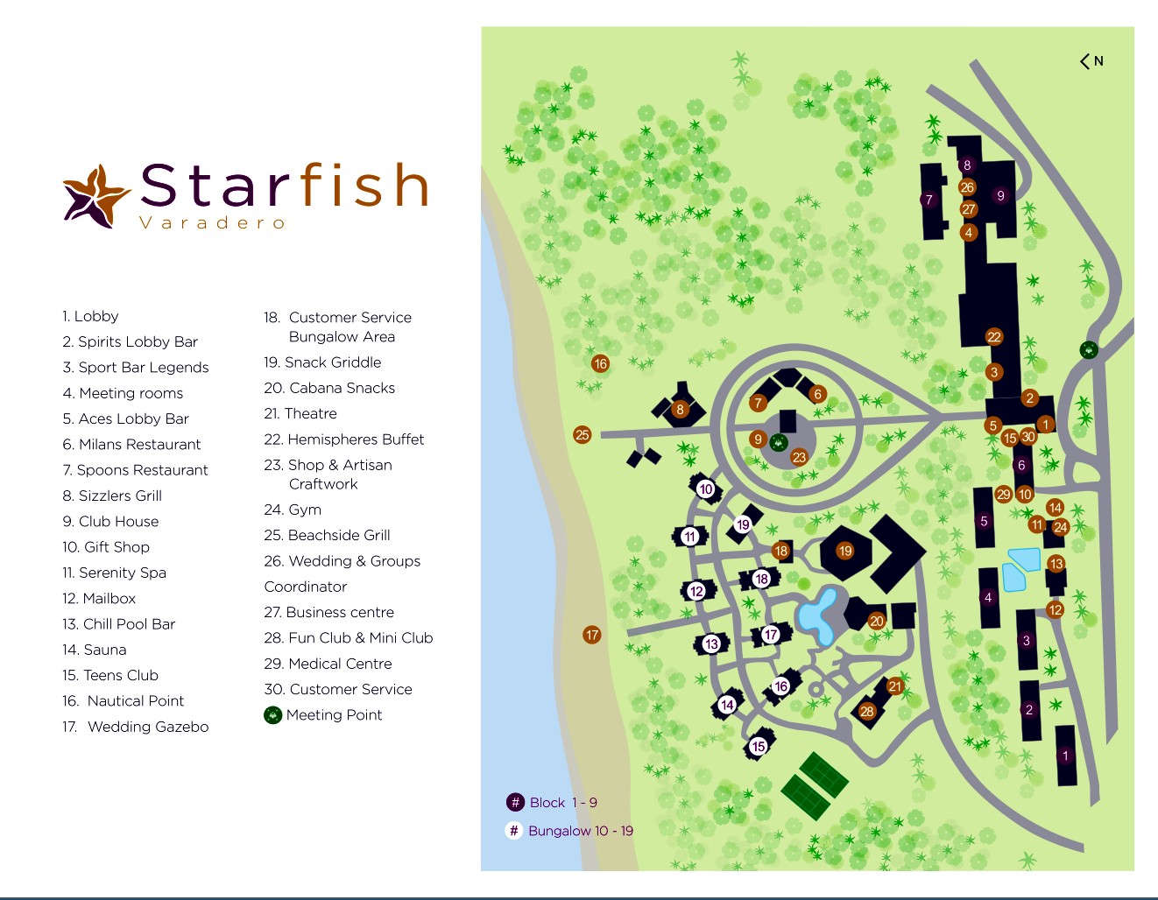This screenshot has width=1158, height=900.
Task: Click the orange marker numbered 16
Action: click(x=600, y=363)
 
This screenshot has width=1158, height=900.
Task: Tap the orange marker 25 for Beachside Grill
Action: click(x=583, y=434)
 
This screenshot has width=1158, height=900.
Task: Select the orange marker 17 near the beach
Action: click(x=592, y=635)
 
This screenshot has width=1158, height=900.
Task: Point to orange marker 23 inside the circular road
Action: click(x=799, y=457)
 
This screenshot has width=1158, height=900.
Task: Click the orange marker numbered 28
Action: click(x=867, y=711)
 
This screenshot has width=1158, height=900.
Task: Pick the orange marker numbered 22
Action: click(x=993, y=337)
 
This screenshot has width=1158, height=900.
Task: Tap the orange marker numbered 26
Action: click(x=967, y=186)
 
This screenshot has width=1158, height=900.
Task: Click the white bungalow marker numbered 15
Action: click(x=759, y=746)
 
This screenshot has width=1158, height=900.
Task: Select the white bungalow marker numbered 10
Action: click(x=706, y=489)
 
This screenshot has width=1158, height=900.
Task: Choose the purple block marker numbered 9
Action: click(x=1000, y=196)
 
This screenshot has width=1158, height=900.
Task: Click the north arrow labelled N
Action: click(x=1091, y=61)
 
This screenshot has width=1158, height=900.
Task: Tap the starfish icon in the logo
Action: click(x=95, y=196)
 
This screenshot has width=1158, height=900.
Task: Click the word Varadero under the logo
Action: click(x=213, y=223)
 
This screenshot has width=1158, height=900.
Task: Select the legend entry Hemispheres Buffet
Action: click(x=344, y=439)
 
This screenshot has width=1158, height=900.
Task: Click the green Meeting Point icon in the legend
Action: click(x=273, y=715)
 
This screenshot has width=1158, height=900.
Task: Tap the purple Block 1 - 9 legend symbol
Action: click(x=515, y=802)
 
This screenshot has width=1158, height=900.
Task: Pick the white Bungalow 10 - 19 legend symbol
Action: click(x=514, y=830)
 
